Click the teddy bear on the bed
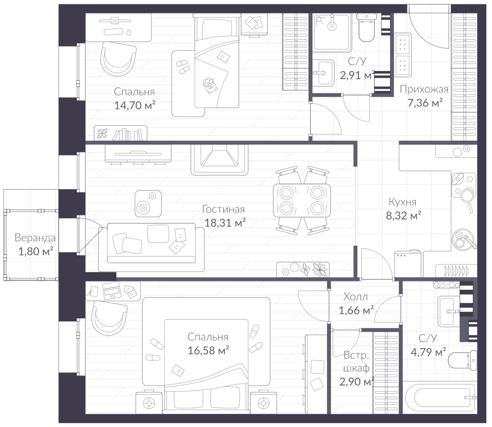210,85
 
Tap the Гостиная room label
223,209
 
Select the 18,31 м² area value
225,222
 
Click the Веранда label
35,238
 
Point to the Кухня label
403,201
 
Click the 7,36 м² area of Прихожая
425,102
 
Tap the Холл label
355,296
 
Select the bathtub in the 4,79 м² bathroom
440,398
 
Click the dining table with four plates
302,200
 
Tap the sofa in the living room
151,247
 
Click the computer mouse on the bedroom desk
128,32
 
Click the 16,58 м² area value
208,350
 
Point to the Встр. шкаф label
356,362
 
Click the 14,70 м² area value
135,105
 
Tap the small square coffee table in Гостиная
148,204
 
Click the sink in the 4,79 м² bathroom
450,311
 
